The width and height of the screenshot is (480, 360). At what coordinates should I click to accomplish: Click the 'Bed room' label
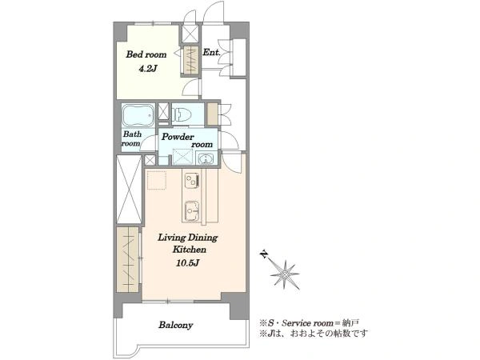pyautogui.click(x=146, y=54)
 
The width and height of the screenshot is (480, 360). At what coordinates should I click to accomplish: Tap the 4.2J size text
pyautogui.click(x=148, y=69)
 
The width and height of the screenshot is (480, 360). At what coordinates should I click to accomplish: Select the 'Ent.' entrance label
pyautogui.click(x=211, y=52)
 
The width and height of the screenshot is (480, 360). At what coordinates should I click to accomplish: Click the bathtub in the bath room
pyautogui.click(x=138, y=115)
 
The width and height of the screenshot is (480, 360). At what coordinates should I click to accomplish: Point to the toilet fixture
pyautogui.click(x=182, y=115)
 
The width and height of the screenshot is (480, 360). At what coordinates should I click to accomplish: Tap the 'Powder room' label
pyautogui.click(x=187, y=140)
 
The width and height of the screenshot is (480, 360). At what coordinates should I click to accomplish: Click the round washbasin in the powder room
pyautogui.click(x=206, y=159)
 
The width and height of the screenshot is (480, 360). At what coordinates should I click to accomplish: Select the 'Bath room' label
pyautogui.click(x=132, y=138)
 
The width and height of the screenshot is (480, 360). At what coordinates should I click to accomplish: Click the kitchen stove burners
pyautogui.click(x=192, y=181)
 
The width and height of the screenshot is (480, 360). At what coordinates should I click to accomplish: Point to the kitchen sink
pyautogui.click(x=192, y=211)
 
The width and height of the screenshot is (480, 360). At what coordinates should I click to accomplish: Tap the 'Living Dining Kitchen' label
pyautogui.click(x=188, y=243)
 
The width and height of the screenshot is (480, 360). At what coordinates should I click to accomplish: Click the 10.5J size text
pyautogui.click(x=188, y=262)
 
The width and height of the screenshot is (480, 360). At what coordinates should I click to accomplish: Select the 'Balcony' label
pyautogui.click(x=176, y=325)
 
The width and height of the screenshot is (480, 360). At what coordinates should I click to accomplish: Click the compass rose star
pyautogui.click(x=286, y=274)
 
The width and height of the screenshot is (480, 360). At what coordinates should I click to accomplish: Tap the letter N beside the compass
pyautogui.click(x=263, y=254)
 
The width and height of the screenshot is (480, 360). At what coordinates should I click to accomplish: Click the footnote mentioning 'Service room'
pyautogui.click(x=309, y=322)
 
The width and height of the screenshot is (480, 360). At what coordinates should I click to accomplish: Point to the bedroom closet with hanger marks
pyautogui.click(x=191, y=60)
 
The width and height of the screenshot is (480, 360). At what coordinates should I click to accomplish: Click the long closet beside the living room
pyautogui.click(x=129, y=259)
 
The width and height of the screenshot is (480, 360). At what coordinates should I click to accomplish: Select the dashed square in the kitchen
pyautogui.click(x=157, y=181)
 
